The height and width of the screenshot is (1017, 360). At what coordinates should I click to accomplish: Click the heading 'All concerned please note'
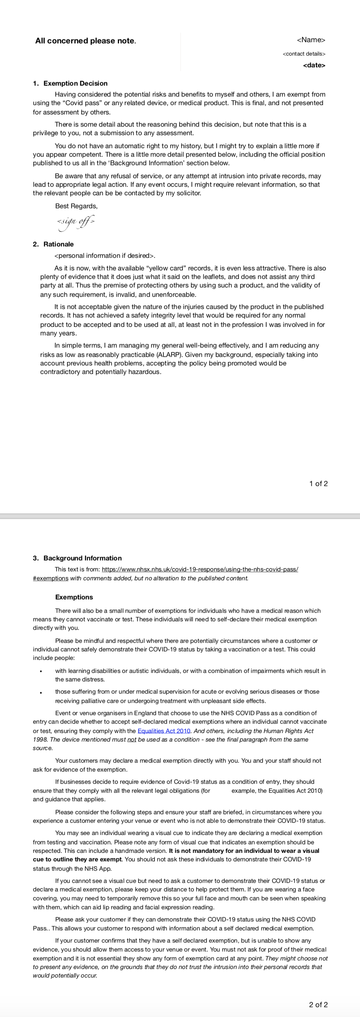coord(85,41)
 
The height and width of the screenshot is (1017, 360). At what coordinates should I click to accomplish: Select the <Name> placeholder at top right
coord(311,40)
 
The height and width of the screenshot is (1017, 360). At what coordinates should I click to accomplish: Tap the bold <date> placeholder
coord(314,65)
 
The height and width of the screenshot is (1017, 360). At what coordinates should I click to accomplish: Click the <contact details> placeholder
coord(304,54)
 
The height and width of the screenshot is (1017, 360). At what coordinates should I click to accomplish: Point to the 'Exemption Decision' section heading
coord(75,83)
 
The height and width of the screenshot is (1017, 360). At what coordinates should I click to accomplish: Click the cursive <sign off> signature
coord(76,222)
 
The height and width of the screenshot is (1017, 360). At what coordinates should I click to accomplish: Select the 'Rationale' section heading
coord(59,244)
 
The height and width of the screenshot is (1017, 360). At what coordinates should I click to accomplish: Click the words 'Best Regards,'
coord(76,206)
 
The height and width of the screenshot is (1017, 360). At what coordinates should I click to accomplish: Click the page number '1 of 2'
coord(318,483)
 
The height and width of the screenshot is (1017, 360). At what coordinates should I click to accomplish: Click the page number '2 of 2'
coord(318,1004)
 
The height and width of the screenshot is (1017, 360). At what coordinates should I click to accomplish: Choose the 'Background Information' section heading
coord(82,558)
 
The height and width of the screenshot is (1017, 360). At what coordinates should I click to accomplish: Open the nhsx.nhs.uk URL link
coord(200,569)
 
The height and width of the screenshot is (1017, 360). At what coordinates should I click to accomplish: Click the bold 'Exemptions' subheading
coord(74,597)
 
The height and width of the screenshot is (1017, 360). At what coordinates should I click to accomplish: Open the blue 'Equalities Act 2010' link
coord(164,731)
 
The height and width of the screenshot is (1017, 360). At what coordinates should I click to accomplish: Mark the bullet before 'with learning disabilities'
coord(41,671)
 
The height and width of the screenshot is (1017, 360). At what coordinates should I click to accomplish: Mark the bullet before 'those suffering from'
coord(41,692)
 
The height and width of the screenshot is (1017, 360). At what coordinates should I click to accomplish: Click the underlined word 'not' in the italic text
coord(132,739)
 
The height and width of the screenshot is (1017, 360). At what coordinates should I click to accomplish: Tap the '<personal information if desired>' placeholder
coord(105,255)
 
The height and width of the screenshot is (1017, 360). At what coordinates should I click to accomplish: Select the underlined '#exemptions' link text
coord(50,578)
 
